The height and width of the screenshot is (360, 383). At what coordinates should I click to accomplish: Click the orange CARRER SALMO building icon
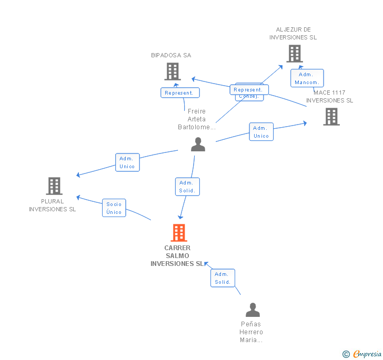179,233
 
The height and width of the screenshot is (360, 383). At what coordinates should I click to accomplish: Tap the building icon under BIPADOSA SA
173,71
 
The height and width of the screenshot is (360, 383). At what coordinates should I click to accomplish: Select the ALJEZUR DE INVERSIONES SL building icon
295,54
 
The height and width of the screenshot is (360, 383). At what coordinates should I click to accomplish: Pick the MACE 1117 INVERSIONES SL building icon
331,117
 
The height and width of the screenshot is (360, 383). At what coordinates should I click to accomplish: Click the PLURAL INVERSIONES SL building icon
54,186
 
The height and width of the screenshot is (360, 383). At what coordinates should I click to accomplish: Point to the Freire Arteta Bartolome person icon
198,145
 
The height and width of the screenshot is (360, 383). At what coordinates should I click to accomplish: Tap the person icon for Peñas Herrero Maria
253,310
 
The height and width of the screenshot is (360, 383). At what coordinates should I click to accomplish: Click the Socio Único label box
114,208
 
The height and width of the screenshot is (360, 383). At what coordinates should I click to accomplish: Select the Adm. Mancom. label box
307,78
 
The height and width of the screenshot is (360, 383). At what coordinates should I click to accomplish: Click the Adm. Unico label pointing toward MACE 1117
261,132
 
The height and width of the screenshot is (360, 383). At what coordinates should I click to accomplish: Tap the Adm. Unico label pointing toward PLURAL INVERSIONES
127,162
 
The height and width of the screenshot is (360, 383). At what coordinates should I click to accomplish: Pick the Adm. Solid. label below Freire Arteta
187,187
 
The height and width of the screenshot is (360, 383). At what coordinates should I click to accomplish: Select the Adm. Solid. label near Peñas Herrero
223,278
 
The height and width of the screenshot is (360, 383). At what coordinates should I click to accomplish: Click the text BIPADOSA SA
171,55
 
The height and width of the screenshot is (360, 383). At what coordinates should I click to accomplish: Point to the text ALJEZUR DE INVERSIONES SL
293,34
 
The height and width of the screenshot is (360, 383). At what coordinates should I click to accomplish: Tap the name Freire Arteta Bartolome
197,119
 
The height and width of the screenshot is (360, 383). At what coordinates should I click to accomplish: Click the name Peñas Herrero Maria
251,332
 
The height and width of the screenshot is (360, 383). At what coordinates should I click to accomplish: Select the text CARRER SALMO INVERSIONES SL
177,256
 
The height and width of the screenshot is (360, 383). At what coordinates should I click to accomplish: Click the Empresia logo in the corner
362,354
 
